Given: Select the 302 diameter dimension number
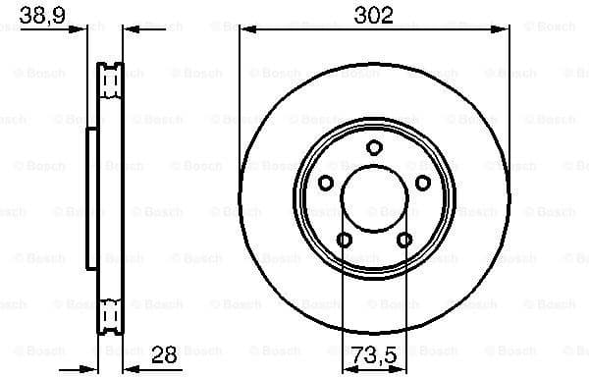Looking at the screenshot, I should click(x=374, y=16).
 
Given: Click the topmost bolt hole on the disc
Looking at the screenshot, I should click(x=374, y=147).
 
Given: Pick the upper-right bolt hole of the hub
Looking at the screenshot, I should click(x=423, y=183).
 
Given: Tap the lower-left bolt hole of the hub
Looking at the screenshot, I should click(x=344, y=240).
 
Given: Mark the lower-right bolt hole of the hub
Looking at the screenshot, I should click(x=404, y=240).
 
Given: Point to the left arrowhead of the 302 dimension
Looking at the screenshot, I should click(x=245, y=30).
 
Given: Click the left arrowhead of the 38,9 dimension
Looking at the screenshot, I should click(x=80, y=30).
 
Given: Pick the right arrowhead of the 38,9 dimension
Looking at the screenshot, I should click(x=129, y=30).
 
